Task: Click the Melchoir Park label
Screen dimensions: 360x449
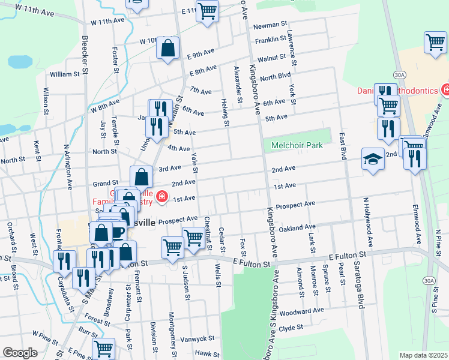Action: coord(297,145)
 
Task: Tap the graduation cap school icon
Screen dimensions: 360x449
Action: coord(373,160)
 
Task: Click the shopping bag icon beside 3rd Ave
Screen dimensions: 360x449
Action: coord(141,178)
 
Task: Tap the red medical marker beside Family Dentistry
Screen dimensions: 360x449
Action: coord(161,196)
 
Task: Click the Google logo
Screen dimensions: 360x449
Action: coord(20,353)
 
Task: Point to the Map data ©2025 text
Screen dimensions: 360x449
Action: coord(424,355)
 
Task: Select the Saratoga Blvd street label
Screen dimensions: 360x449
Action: coord(360,284)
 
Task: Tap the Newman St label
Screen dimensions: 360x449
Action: coord(268,25)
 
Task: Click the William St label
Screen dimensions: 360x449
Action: coord(65,74)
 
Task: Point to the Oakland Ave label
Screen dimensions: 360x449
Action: coord(297,227)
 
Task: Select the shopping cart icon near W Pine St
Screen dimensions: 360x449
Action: coord(104,348)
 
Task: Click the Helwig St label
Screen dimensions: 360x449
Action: coord(226,112)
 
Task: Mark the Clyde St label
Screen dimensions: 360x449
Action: coord(291,328)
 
